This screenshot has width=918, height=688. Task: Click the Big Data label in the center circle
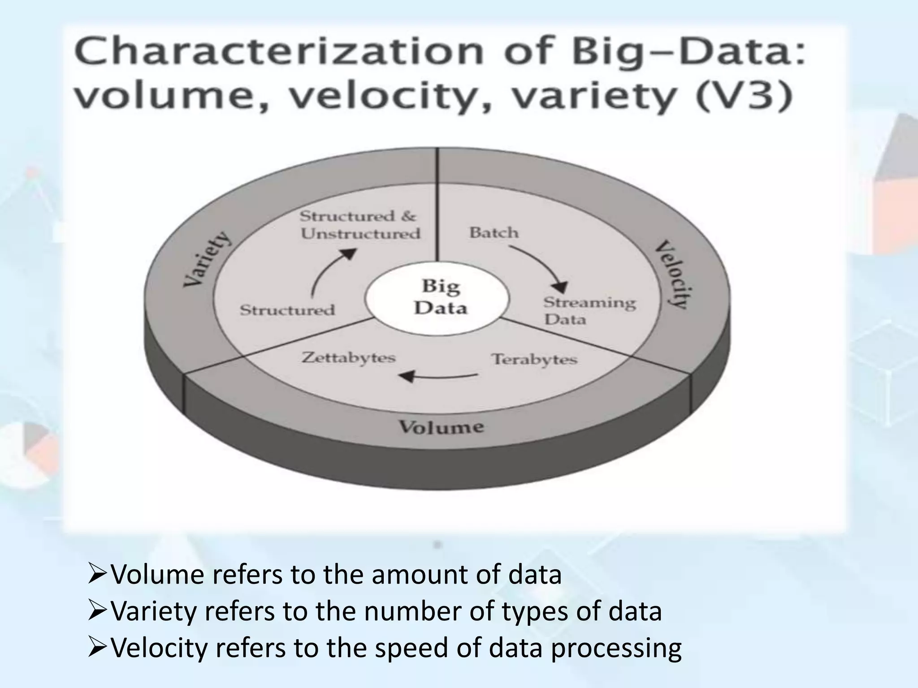click(440, 297)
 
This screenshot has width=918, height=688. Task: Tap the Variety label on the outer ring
click(207, 260)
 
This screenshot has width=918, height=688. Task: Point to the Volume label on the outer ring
click(442, 427)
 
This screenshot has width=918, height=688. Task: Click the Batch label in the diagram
click(494, 233)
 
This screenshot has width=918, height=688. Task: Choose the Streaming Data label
click(589, 311)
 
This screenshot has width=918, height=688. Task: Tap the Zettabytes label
click(349, 358)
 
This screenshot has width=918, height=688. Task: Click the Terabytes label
click(534, 360)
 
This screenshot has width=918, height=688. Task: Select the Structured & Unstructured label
click(360, 225)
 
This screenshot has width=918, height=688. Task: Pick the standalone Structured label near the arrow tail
click(287, 310)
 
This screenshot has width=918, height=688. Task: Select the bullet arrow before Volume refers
click(97, 575)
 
